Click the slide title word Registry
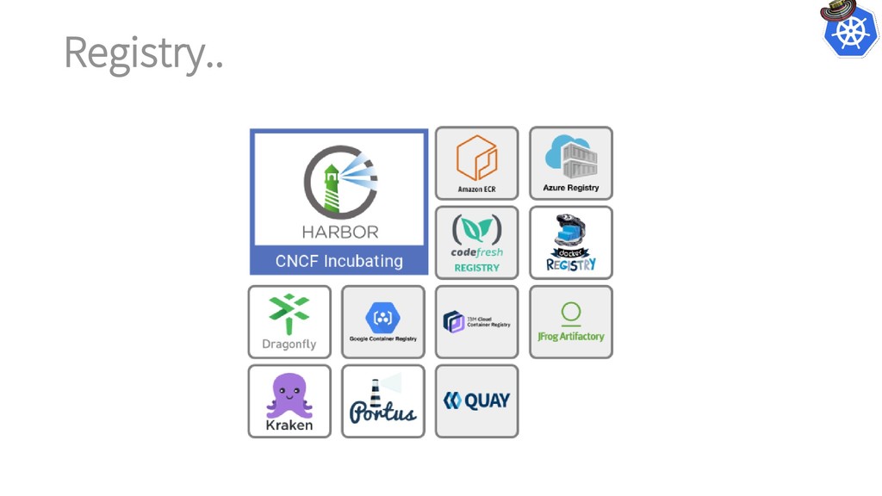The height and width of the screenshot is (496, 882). [x=143, y=53]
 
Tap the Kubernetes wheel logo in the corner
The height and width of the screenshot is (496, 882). [x=850, y=33]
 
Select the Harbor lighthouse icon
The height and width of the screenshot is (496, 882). [x=339, y=182]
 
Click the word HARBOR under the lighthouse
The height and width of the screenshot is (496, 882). [x=339, y=232]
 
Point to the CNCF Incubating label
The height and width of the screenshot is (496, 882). [x=339, y=260]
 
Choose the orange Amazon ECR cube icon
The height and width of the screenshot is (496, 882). [x=476, y=158]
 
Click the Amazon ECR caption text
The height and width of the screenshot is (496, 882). [x=476, y=189]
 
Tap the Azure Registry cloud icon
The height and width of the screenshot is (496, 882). [x=570, y=156]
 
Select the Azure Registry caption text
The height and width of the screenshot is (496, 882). [x=570, y=188]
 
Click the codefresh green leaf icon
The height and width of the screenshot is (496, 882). [x=476, y=229]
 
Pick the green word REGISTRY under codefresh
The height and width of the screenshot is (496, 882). [x=476, y=268]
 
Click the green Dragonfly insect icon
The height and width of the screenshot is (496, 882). [x=289, y=313]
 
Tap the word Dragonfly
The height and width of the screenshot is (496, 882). [x=289, y=344]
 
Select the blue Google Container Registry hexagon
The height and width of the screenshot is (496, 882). [x=382, y=318]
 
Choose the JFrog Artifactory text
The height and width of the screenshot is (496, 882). [x=570, y=337]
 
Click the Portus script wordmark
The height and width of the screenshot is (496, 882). [x=382, y=411]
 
